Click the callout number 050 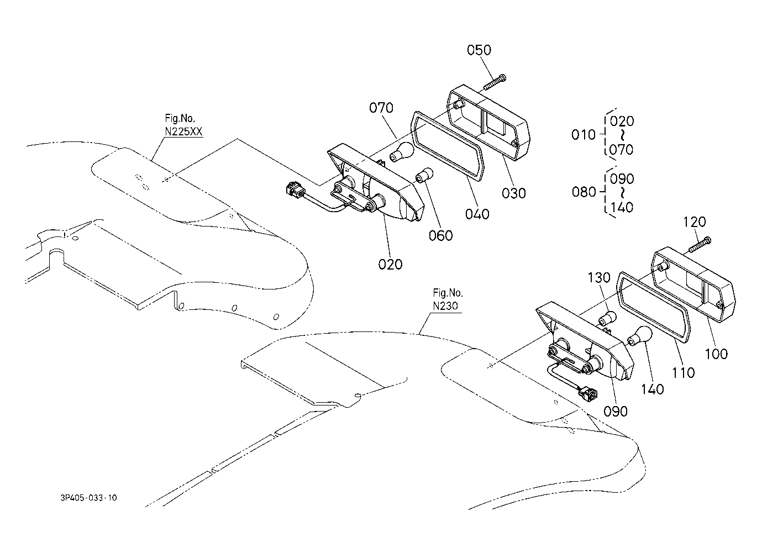click(479, 50)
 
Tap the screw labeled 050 click(495, 82)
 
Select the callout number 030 click(514, 193)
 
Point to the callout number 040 click(477, 214)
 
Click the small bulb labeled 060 click(425, 175)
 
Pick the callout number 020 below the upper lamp click(391, 264)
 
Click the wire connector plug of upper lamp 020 click(295, 190)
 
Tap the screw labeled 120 click(700, 245)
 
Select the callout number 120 click(695, 222)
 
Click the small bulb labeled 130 click(606, 318)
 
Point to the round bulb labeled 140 click(639, 336)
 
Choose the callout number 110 click(684, 373)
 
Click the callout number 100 click(716, 354)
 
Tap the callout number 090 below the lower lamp click(616, 412)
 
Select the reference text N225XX click(183, 131)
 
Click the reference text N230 click(445, 306)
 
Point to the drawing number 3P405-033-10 click(88, 498)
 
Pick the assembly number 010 click(584, 135)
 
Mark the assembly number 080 click(584, 192)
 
